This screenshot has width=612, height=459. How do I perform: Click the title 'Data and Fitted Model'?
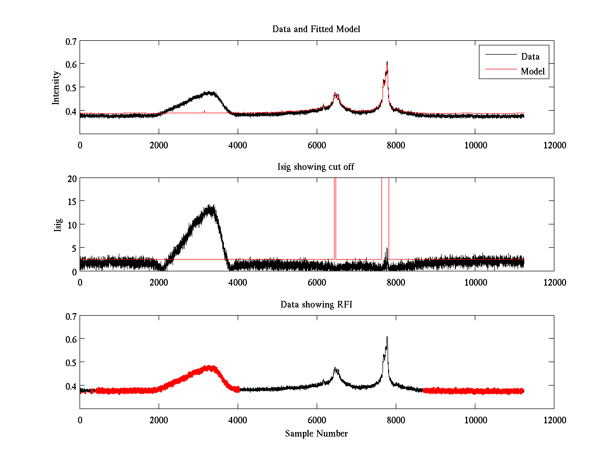[x=316, y=29]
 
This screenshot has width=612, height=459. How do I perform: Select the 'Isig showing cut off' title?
[x=316, y=167]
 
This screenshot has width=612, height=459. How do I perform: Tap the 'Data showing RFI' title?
[x=316, y=304]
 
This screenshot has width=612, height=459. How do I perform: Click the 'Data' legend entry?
[x=530, y=57]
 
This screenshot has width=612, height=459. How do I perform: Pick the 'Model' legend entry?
[x=533, y=71]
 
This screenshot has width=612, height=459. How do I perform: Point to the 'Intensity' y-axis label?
[x=56, y=87]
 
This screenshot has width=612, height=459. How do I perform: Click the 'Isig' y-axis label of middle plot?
[x=58, y=225]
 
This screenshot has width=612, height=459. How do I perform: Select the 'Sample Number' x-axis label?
[x=316, y=433]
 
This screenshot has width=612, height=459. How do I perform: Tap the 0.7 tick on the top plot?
[x=70, y=41]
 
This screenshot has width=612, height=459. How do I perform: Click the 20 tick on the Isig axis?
[x=71, y=178]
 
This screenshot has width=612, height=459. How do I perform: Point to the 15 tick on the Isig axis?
[x=71, y=201]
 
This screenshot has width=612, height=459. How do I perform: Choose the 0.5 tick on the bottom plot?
[x=70, y=362]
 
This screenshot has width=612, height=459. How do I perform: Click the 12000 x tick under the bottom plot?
[x=554, y=420]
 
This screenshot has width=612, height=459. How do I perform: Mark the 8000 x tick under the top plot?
[x=396, y=145]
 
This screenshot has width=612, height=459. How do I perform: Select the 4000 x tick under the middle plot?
[x=238, y=282]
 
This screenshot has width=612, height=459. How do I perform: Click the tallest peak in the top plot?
[x=387, y=62]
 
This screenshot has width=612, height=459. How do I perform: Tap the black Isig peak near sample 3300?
[x=210, y=206]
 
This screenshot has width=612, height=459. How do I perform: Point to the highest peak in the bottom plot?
[x=387, y=337]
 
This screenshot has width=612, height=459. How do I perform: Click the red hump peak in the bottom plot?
[x=209, y=366]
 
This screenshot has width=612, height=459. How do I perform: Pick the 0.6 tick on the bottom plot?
[x=70, y=339]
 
